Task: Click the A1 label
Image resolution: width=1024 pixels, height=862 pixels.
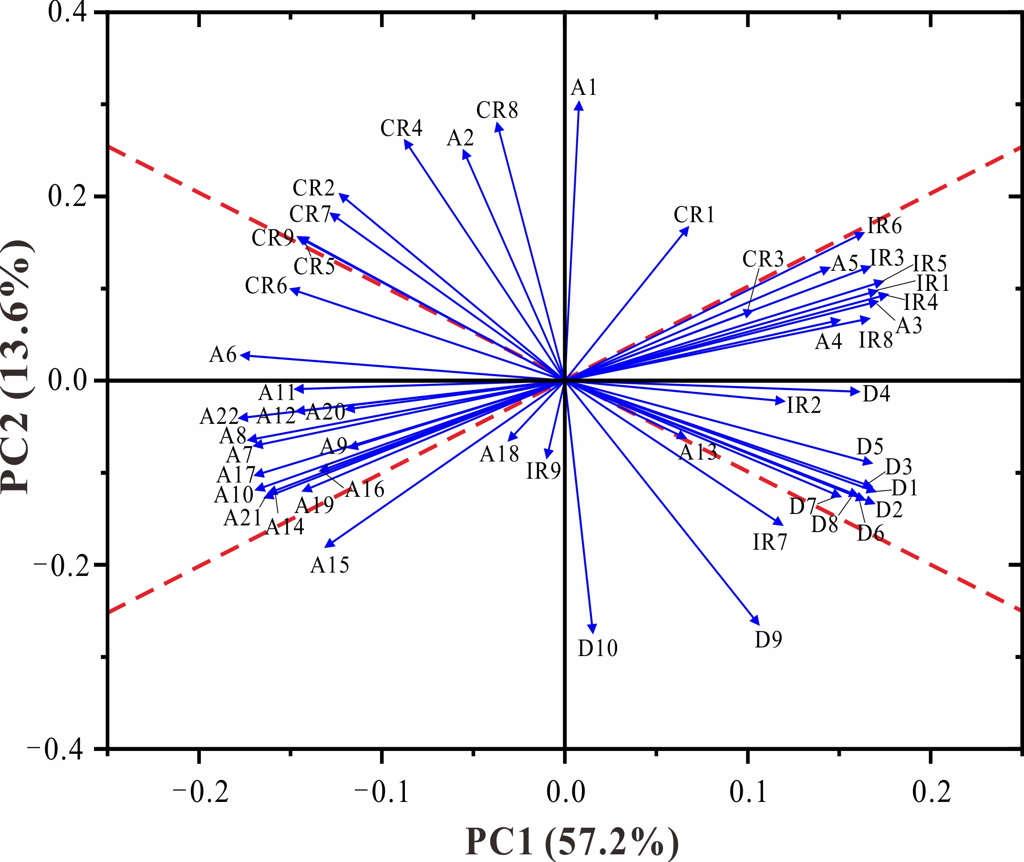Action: click(584, 88)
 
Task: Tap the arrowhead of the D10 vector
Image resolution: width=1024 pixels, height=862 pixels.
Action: click(593, 629)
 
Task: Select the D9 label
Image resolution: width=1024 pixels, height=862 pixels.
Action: click(768, 640)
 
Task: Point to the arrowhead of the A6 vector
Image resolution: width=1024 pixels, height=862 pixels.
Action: click(245, 356)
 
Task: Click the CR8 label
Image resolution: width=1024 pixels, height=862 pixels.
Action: click(497, 111)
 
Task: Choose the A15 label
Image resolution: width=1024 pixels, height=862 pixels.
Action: click(330, 565)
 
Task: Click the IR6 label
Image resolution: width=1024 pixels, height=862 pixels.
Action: click(885, 226)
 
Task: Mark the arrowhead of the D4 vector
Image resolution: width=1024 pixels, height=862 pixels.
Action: click(855, 391)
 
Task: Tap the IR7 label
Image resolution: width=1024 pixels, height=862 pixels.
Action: click(770, 542)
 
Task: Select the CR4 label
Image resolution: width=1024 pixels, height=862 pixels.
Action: click(401, 129)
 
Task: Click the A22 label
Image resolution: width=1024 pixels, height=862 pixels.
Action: click(219, 417)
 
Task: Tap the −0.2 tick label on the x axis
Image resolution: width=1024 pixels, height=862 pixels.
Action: click(200, 792)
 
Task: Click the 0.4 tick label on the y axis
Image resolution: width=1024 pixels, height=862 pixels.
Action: click(67, 12)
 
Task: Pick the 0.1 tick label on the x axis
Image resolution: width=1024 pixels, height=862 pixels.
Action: click(748, 792)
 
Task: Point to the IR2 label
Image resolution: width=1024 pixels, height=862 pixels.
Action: click(804, 406)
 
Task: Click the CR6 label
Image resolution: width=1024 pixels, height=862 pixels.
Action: click(266, 286)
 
